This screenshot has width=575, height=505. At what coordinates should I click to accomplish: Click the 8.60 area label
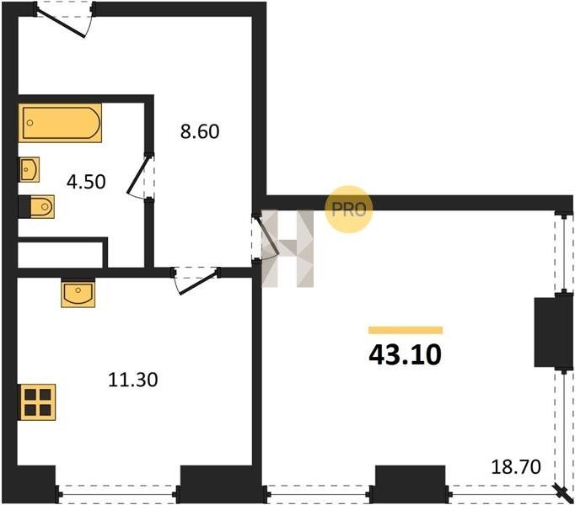click(200, 131)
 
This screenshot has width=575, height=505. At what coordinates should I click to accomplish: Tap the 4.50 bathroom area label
click(86, 181)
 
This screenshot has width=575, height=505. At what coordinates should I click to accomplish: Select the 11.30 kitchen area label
click(133, 380)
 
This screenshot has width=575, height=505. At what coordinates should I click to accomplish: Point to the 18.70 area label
click(516, 467)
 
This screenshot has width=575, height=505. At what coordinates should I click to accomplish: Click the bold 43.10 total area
click(405, 355)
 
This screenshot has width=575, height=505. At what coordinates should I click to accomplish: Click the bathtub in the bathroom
click(60, 123)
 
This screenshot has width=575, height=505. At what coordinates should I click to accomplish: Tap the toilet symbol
click(36, 207)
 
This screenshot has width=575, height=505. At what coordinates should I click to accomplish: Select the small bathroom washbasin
click(29, 169)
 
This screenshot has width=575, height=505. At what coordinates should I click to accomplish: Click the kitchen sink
click(78, 293)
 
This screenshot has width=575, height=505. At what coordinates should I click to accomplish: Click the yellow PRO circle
click(349, 209)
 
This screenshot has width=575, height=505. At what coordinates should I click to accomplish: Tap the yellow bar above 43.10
click(406, 330)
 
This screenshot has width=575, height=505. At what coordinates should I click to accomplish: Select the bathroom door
click(138, 176)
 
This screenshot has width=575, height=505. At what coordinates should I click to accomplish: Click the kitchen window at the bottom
click(117, 494)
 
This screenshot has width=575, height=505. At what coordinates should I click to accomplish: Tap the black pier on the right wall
click(553, 332)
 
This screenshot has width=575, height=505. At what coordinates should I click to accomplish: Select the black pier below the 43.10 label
click(411, 483)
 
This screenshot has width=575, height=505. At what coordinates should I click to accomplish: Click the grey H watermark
click(287, 248)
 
